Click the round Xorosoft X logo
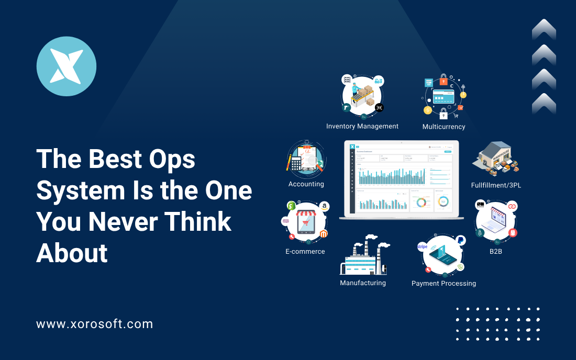pos(66,66)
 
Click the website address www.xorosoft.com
pos(94,324)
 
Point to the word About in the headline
pos(72,253)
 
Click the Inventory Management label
pos(362,126)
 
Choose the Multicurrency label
pos(444,127)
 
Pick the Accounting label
pos(306,184)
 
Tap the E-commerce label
pos(305,252)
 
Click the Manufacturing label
pos(362,283)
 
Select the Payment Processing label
pos(444,284)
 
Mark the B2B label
pos(495,251)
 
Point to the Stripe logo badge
pos(423,246)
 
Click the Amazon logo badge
pos(325,207)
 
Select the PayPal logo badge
pos(460,241)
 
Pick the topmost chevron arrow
pos(544,29)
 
